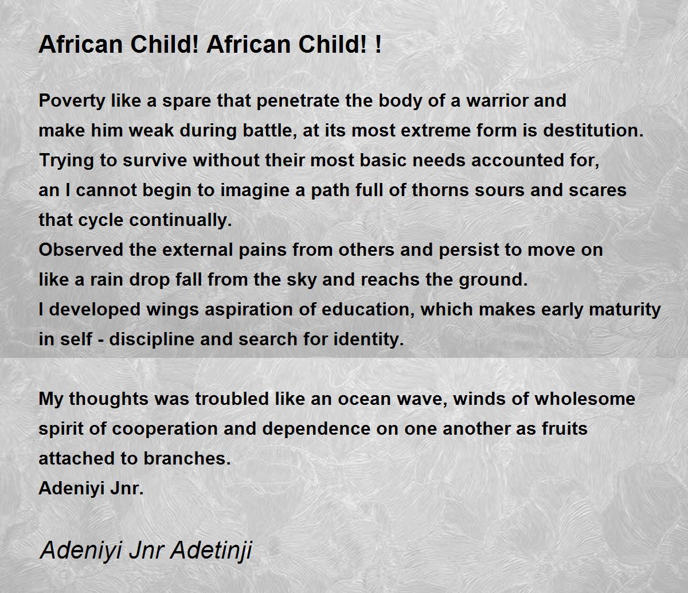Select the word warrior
point(497,100)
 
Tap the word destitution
point(593,131)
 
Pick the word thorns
point(440,190)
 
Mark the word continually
point(181,220)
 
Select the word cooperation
point(165,429)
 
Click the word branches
point(187,458)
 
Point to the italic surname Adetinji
point(212,551)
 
